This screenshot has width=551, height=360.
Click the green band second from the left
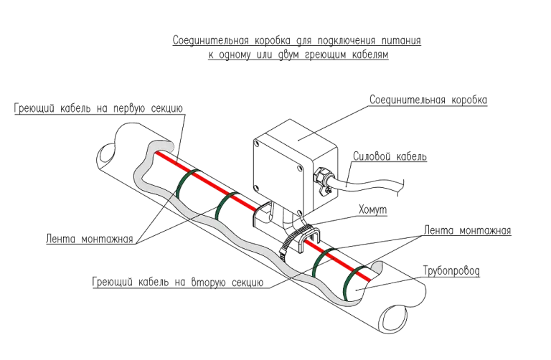tap(218, 208)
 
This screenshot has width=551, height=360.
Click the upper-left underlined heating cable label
tap(99, 108)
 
